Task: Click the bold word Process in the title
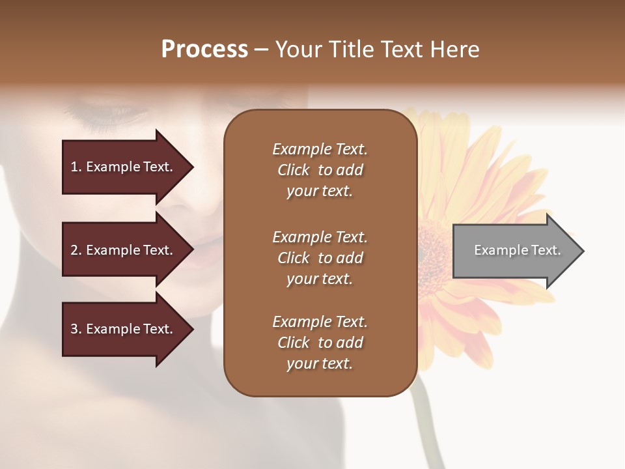click(204, 50)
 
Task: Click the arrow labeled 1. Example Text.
click(124, 167)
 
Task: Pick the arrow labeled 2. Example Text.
click(124, 251)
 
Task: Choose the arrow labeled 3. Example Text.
click(124, 330)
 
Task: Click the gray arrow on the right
click(514, 251)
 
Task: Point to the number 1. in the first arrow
click(76, 167)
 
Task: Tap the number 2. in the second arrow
click(76, 251)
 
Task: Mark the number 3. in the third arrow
click(76, 330)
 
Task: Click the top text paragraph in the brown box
click(320, 170)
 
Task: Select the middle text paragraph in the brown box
click(320, 258)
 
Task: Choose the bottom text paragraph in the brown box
click(320, 343)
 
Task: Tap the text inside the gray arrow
click(517, 250)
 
